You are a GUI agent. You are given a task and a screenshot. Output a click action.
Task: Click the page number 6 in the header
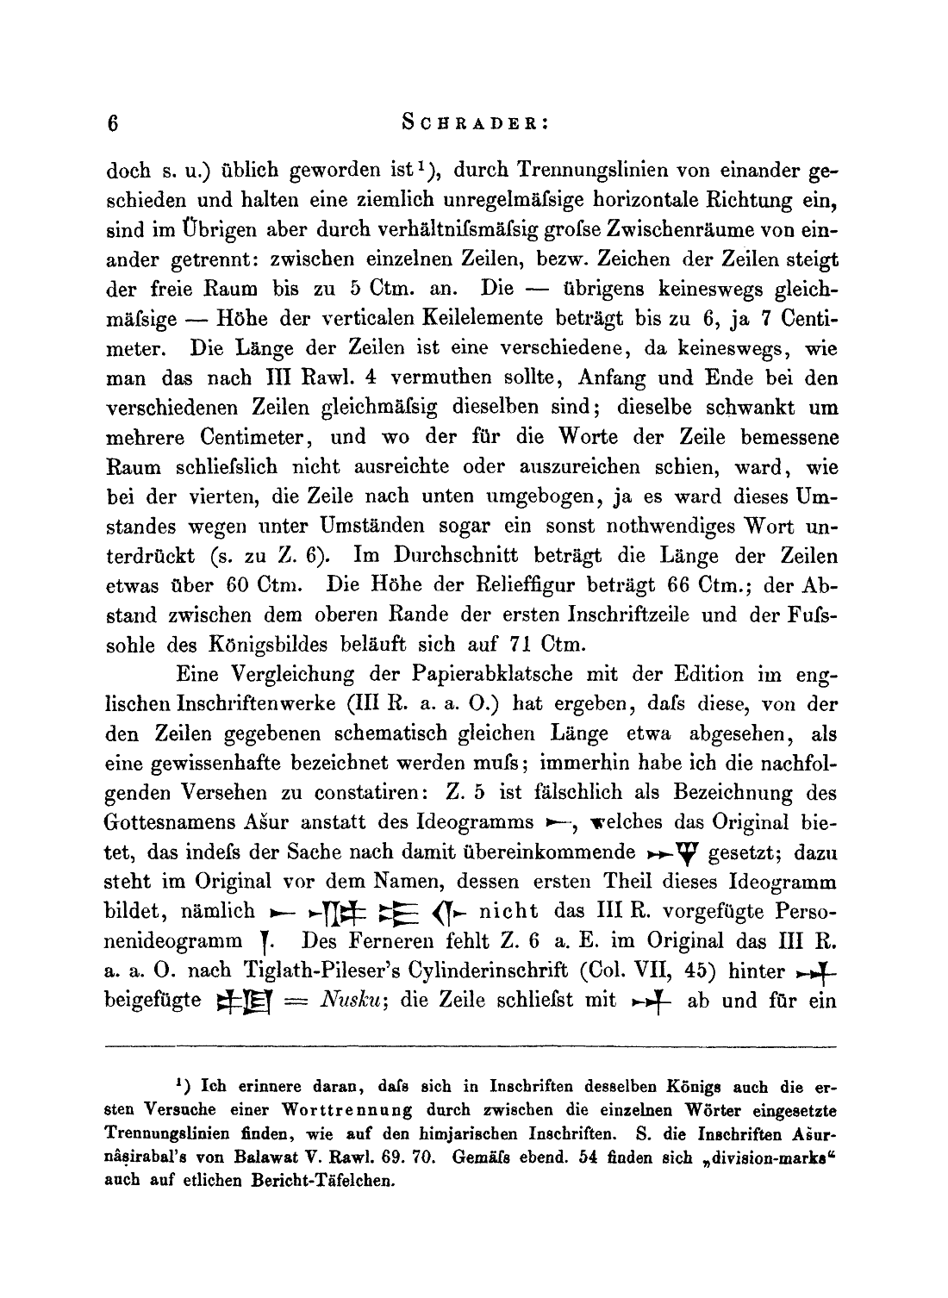113,123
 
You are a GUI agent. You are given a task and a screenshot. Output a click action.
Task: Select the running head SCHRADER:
475,122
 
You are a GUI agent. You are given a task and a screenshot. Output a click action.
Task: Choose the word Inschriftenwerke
222,704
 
